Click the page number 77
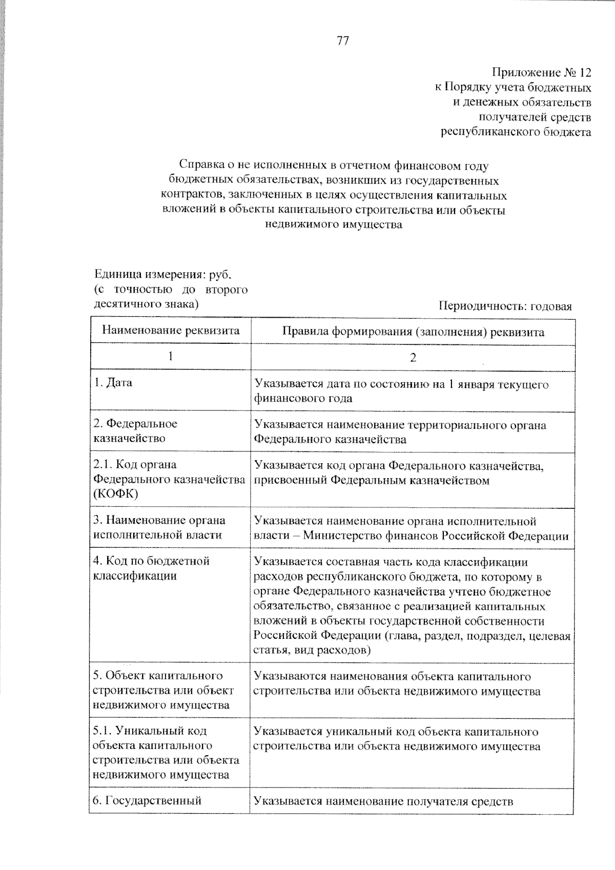(343, 41)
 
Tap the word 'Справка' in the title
(200, 165)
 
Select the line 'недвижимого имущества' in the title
(334, 224)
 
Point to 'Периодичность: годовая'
(505, 306)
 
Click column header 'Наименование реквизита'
(171, 330)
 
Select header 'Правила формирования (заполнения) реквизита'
(413, 332)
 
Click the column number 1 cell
(171, 357)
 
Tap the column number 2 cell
(413, 358)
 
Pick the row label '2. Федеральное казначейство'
(135, 431)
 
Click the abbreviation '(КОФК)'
(116, 494)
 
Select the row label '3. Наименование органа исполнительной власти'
(159, 527)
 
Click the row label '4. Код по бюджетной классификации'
(152, 568)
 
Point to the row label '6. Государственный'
(147, 800)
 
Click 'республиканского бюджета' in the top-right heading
(516, 132)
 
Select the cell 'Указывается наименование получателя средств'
(383, 801)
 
